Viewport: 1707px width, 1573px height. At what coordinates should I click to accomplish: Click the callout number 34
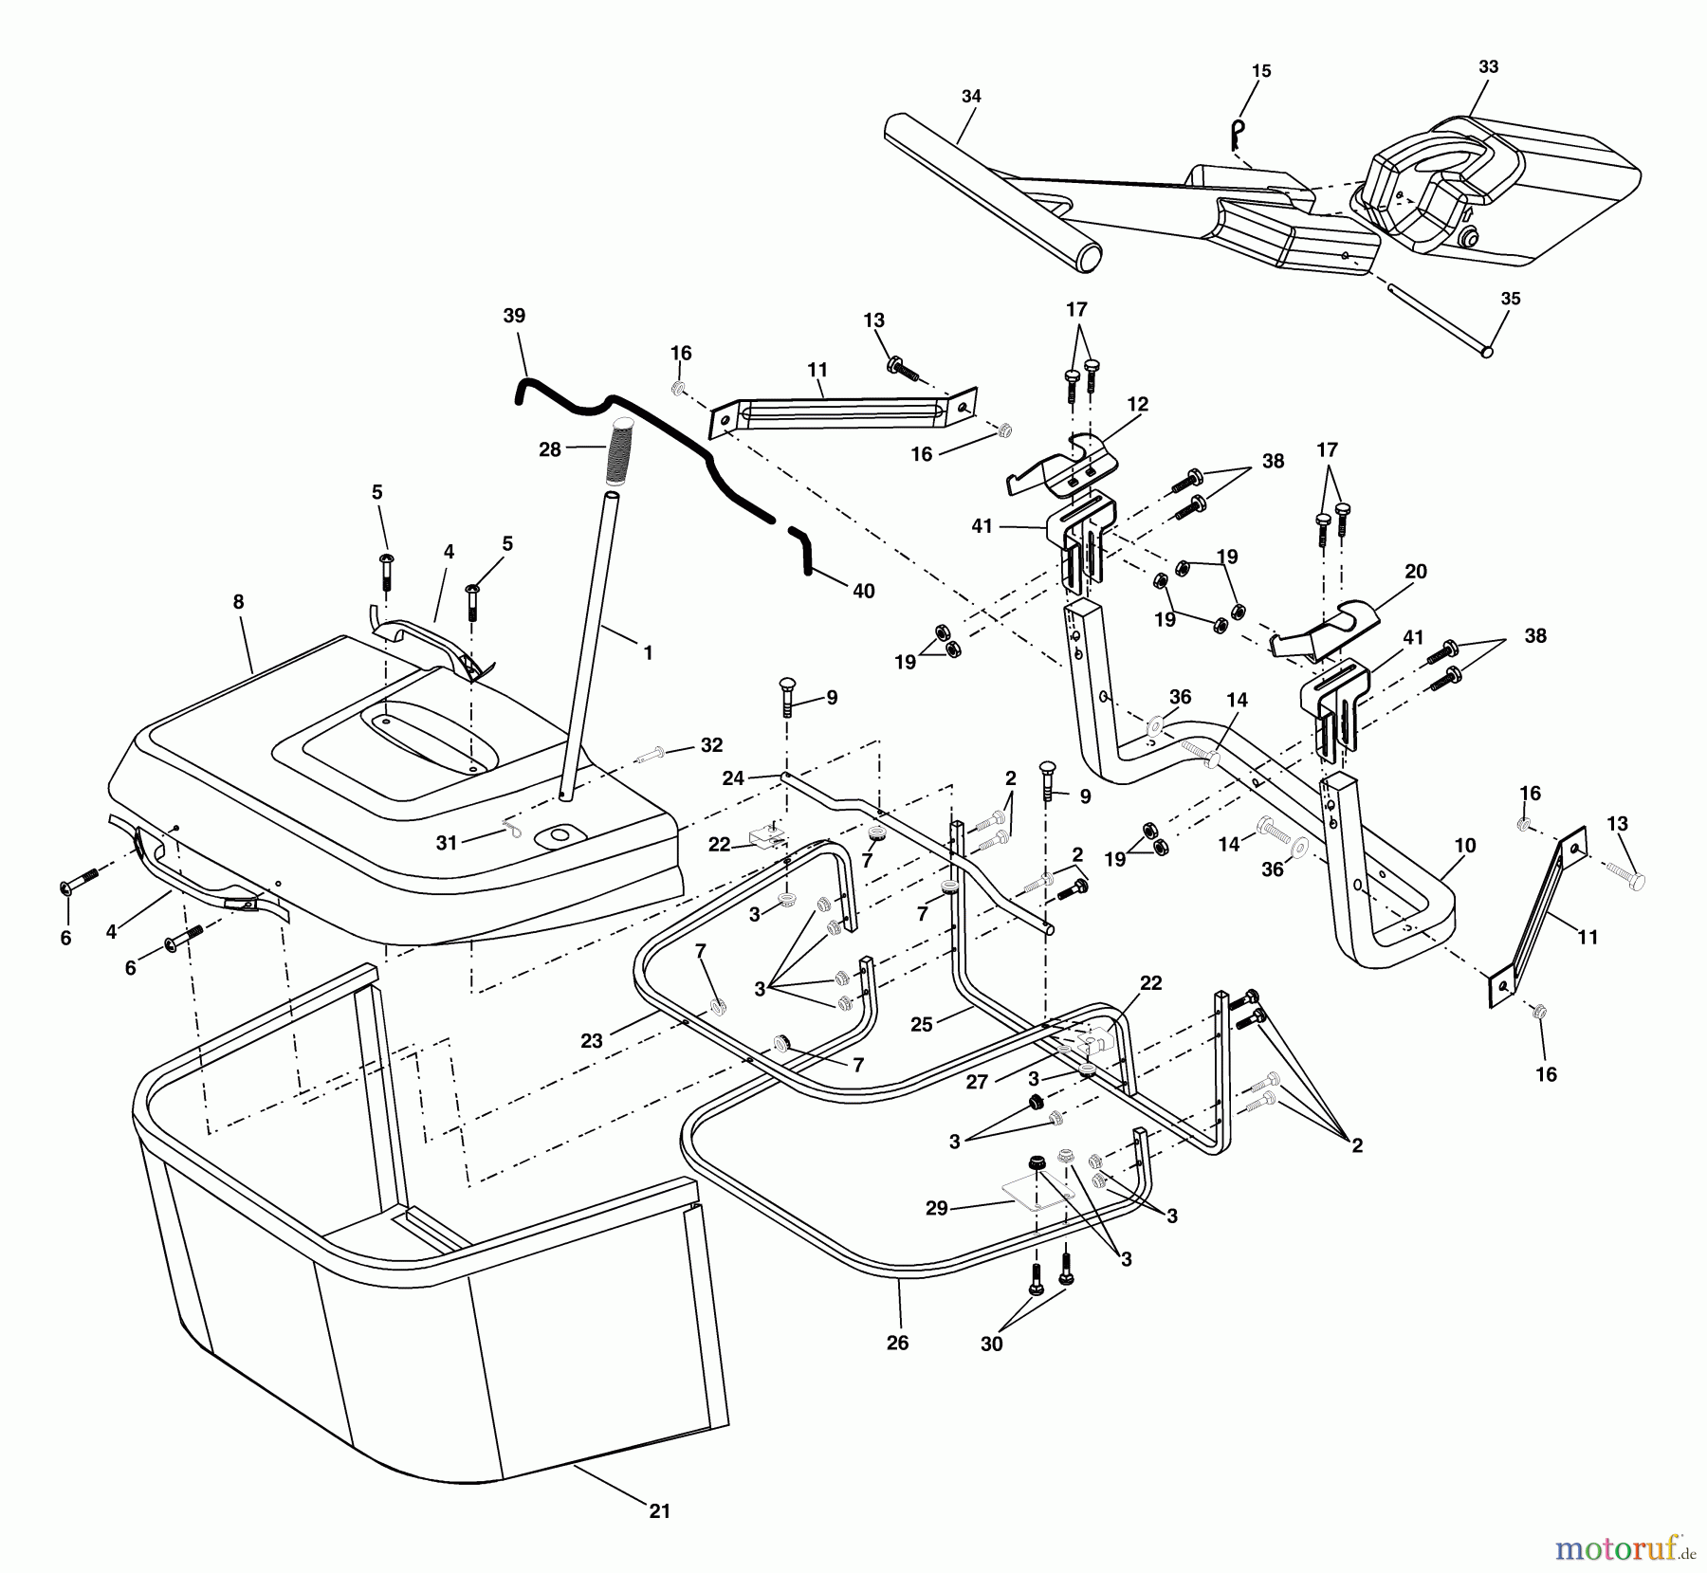971,96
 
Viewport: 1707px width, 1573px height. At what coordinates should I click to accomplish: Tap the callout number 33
1488,67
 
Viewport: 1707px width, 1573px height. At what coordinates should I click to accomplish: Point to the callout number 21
660,1511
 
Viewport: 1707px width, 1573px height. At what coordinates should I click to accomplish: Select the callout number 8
238,602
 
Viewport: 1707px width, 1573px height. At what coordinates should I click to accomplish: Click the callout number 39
514,316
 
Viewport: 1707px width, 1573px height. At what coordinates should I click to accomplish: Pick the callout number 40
863,591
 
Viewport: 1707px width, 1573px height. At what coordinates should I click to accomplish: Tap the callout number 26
897,1343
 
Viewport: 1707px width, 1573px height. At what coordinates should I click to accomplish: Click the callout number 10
1464,845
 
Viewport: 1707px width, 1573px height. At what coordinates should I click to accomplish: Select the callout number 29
937,1209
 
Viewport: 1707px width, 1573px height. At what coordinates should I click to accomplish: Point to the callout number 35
1511,299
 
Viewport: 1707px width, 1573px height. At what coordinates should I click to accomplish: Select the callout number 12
1138,404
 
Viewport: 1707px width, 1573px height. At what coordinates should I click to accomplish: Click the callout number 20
1416,572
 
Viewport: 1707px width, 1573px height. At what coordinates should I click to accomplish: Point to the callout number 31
447,843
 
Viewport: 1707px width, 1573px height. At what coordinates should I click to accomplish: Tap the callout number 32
711,745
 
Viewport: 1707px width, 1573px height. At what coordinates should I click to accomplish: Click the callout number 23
592,1041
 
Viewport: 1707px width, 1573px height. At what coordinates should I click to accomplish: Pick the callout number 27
977,1082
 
